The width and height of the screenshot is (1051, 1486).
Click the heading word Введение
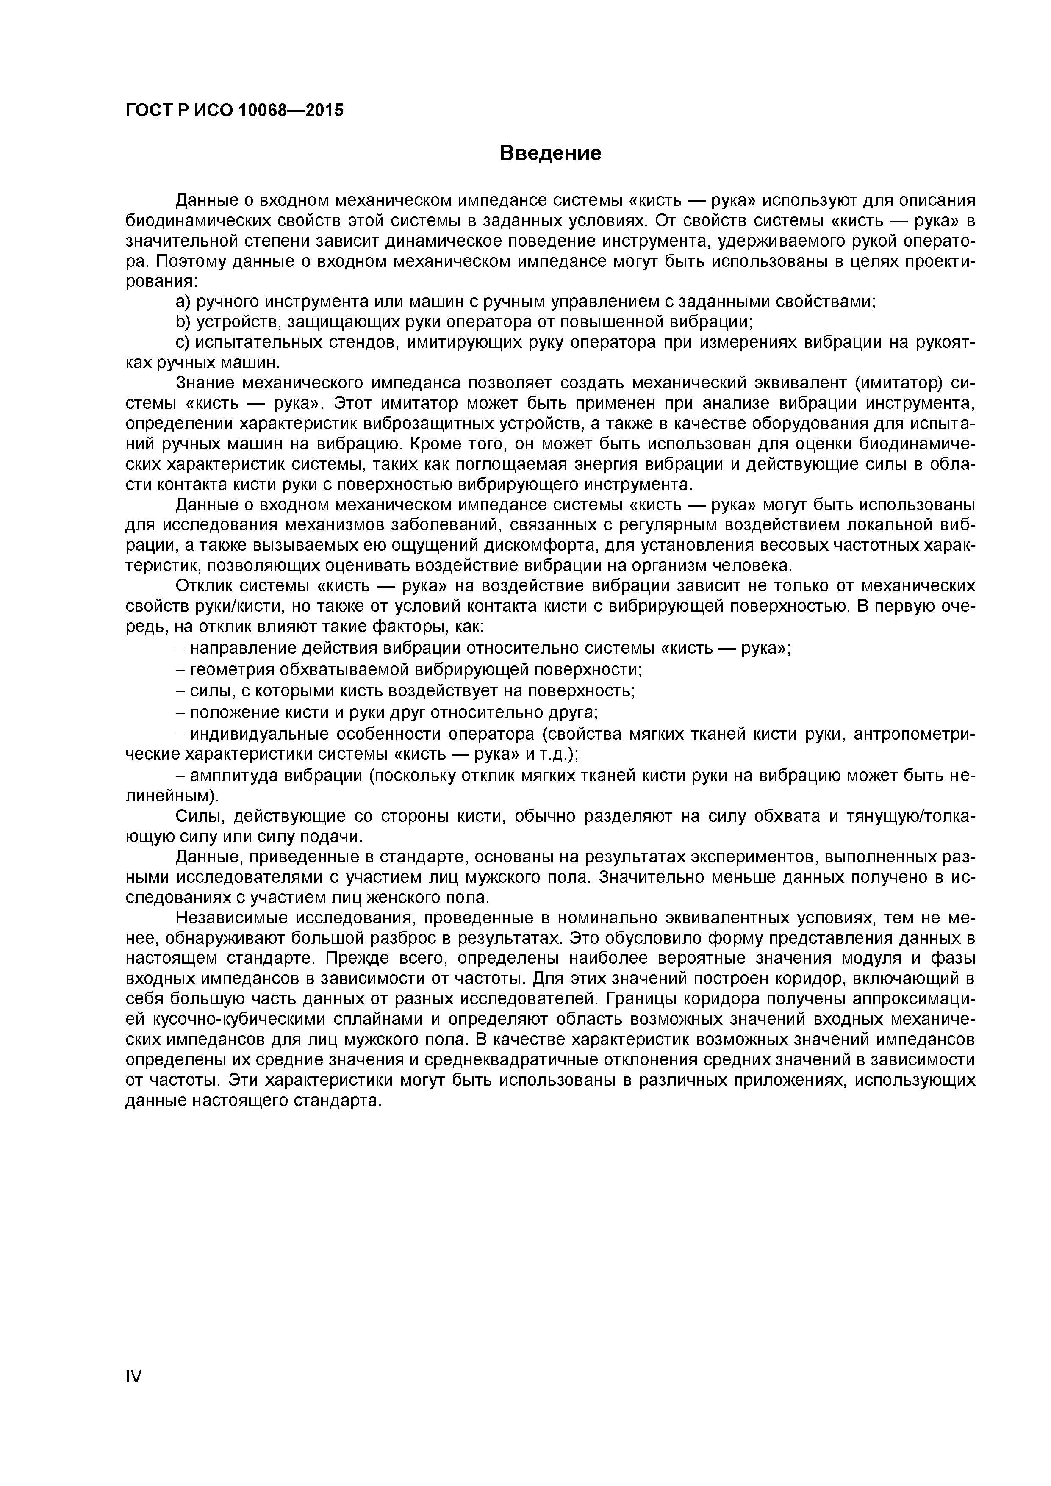click(x=550, y=153)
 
